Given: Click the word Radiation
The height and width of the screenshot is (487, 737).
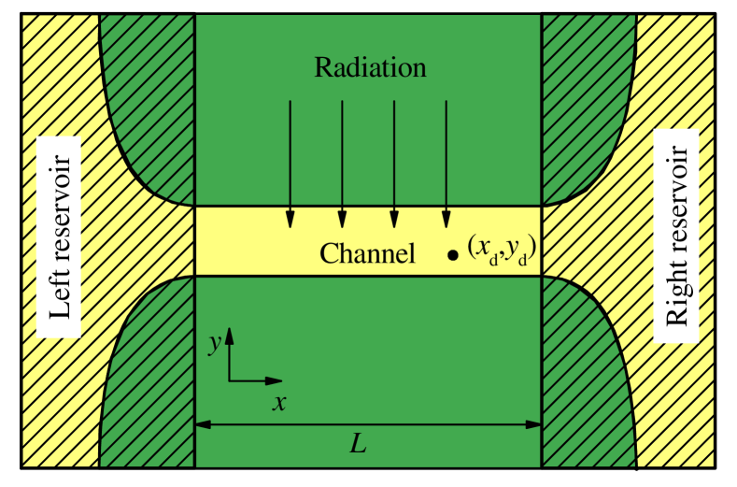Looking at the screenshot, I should coord(370,67).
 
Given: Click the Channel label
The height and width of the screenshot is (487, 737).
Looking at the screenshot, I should coord(367,253).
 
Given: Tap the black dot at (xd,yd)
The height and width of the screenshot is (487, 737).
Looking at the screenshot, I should coord(453,254).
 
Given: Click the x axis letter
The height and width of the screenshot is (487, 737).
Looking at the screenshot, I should coord(278,403).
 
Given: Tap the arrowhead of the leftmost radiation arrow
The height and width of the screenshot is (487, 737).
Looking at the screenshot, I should coord(290,219).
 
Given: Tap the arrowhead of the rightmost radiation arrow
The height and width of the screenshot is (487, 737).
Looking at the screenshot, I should coord(446,219).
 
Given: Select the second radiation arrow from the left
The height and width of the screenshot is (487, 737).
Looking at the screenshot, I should coord(342,159).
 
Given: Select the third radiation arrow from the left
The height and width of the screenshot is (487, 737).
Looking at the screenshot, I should coord(394,159).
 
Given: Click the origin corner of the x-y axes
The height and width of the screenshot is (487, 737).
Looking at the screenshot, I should coord(230,380).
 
